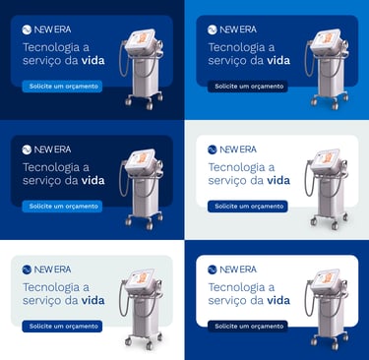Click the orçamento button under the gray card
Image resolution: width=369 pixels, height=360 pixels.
[62, 327]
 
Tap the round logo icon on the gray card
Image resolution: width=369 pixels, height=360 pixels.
[27, 270]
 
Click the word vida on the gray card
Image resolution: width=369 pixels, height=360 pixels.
[93, 300]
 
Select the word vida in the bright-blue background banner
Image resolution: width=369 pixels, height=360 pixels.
[278, 60]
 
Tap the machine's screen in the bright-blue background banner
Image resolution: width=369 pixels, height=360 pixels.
[327, 40]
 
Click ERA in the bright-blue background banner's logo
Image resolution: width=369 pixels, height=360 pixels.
[248, 30]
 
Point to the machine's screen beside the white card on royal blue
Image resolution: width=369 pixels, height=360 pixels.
[327, 280]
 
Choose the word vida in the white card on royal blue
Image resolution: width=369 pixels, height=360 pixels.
[278, 300]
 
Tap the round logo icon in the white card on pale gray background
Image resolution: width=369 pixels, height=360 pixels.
[213, 150]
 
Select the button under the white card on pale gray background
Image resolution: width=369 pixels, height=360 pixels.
[248, 207]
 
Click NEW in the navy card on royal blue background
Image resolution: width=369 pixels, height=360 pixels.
[43, 150]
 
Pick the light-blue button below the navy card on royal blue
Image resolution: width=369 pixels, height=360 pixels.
[62, 207]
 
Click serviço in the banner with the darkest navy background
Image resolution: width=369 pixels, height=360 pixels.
[41, 61]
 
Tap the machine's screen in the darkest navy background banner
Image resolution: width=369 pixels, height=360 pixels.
[141, 40]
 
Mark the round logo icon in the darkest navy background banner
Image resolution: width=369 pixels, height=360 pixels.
[27, 30]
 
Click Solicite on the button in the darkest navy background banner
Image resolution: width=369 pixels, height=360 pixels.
[40, 87]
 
